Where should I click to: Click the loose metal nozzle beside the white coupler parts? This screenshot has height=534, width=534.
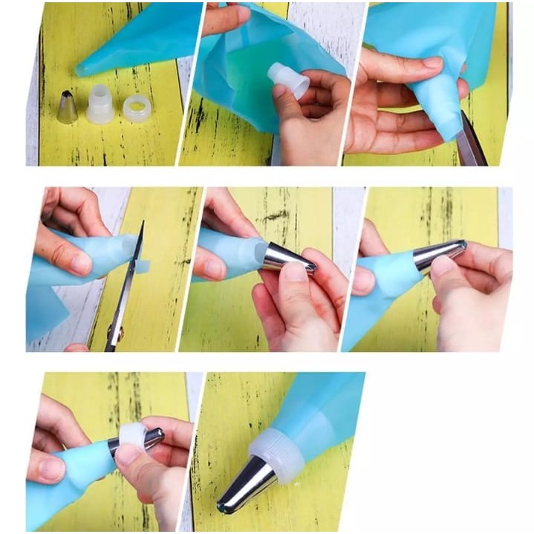68,108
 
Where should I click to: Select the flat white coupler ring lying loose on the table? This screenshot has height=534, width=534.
137,108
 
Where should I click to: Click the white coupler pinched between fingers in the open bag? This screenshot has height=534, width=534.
288,79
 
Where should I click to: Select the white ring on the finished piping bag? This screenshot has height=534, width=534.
276,452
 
